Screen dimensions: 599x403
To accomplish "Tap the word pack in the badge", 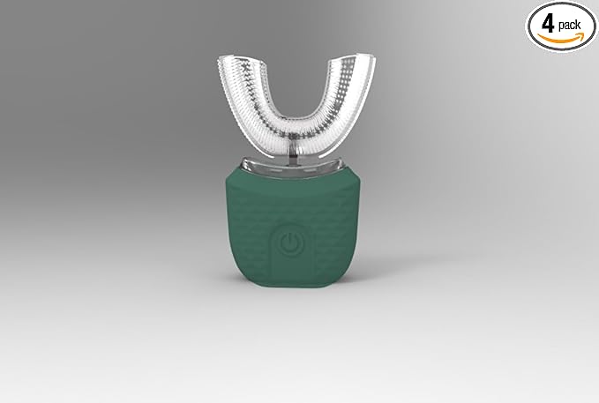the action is click(x=569, y=26).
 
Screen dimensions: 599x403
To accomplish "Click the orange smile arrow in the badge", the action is click(x=561, y=37).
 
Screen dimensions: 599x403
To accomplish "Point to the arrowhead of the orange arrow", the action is click(x=580, y=35).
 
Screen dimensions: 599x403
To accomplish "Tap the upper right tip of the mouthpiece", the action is click(x=371, y=57).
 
